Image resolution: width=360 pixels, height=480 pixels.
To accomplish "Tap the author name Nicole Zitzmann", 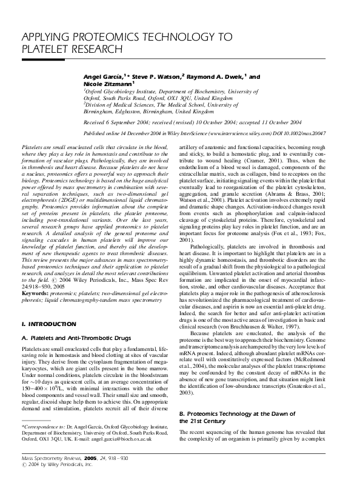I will (x=101, y=84).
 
